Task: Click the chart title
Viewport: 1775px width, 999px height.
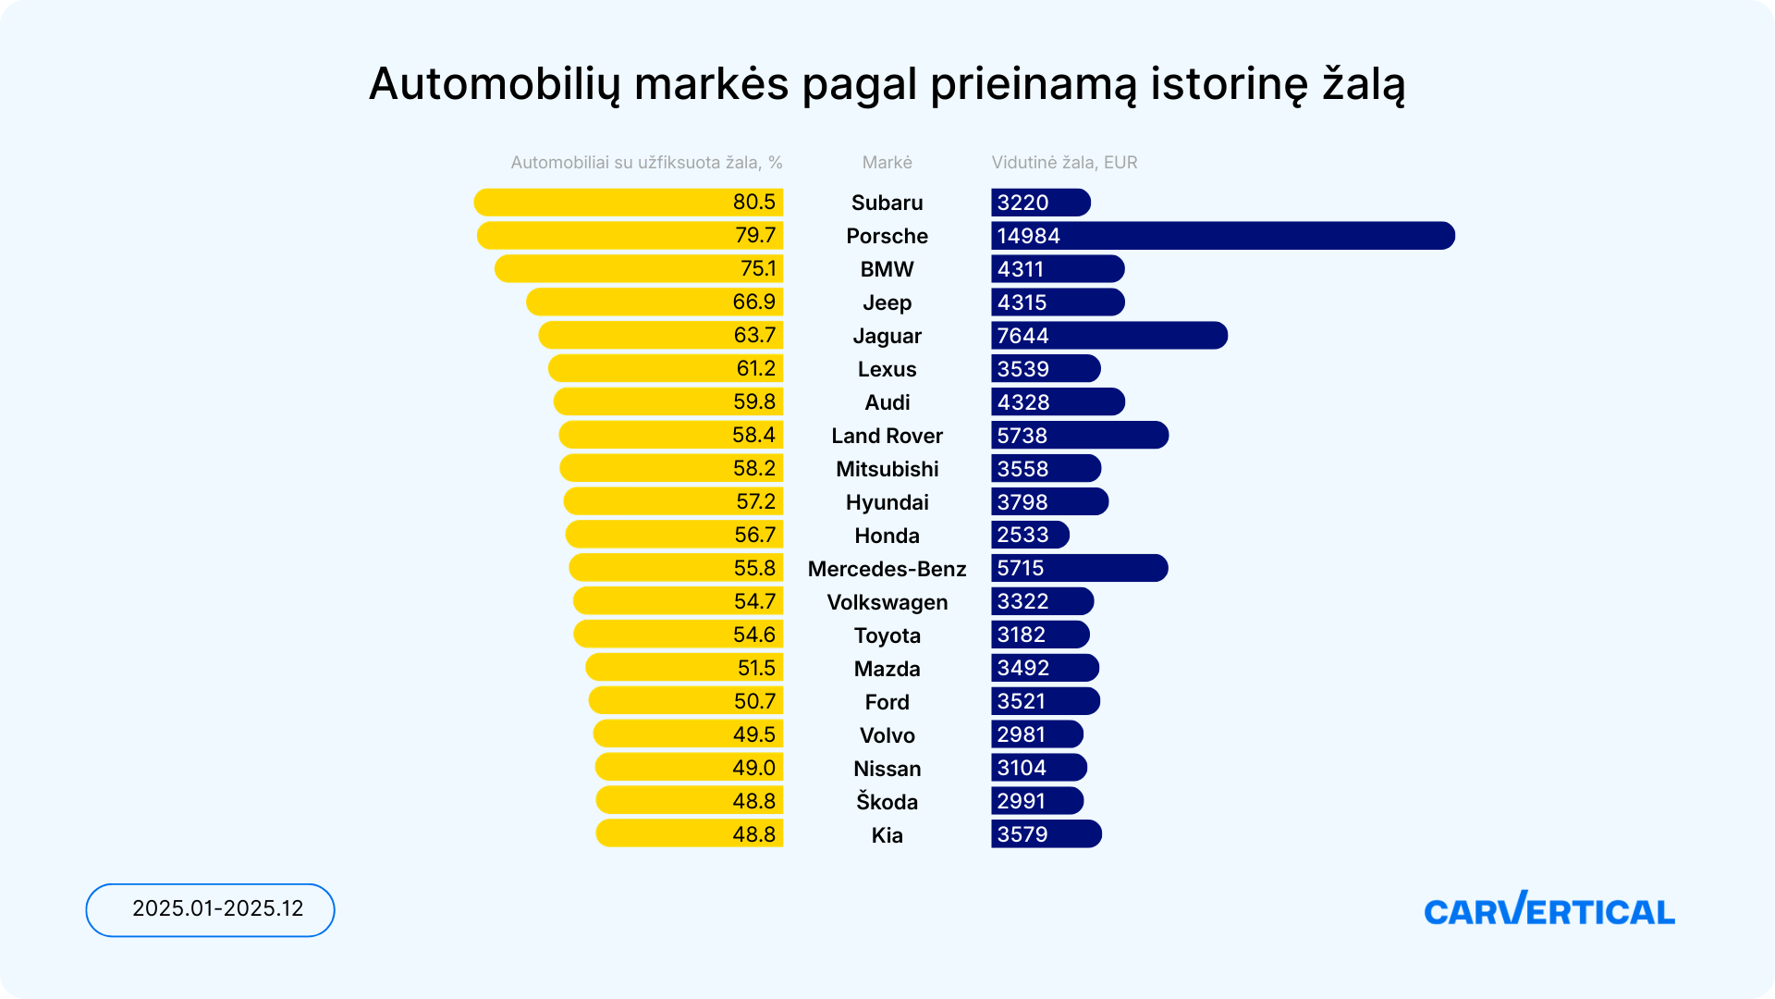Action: (887, 84)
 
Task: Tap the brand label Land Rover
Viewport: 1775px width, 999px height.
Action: (887, 436)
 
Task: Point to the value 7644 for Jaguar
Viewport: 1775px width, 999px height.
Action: (1022, 336)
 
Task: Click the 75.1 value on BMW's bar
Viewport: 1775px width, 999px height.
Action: (757, 269)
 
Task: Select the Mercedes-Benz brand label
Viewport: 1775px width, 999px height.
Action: (887, 569)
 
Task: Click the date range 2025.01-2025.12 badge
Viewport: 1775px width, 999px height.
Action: (211, 909)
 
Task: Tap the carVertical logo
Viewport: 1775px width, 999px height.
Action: (1549, 910)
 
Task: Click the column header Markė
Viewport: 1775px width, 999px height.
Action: (887, 163)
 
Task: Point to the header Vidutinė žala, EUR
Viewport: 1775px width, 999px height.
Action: (1064, 163)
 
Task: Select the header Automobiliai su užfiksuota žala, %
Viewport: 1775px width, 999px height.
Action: (646, 163)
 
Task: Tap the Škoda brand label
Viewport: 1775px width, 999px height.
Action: (887, 802)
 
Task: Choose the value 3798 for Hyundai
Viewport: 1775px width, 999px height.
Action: (1022, 502)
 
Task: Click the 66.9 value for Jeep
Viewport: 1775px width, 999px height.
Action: (753, 302)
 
